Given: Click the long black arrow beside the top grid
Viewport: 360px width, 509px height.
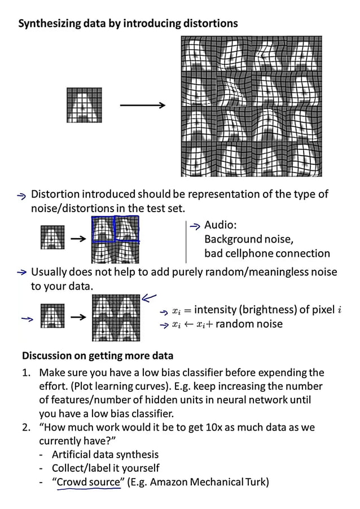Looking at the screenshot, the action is [x=143, y=105].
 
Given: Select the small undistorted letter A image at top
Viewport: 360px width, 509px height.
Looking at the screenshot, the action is [x=85, y=105].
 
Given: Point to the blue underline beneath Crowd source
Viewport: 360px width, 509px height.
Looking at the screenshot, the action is [x=89, y=489].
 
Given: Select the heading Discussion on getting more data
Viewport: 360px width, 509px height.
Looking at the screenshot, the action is [x=98, y=356].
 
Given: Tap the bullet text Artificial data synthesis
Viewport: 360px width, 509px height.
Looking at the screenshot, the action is [x=105, y=454].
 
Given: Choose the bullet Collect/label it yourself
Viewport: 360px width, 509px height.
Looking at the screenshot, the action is [x=106, y=468].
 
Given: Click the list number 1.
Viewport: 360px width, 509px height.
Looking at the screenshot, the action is [x=26, y=372].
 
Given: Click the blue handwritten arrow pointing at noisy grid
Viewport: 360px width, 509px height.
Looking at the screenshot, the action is [x=149, y=298].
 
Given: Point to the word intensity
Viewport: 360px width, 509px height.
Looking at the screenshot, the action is [x=215, y=309].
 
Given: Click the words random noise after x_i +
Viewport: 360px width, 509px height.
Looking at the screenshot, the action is [x=249, y=324].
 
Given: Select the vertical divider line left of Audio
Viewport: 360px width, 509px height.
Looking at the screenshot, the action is [x=186, y=242].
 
